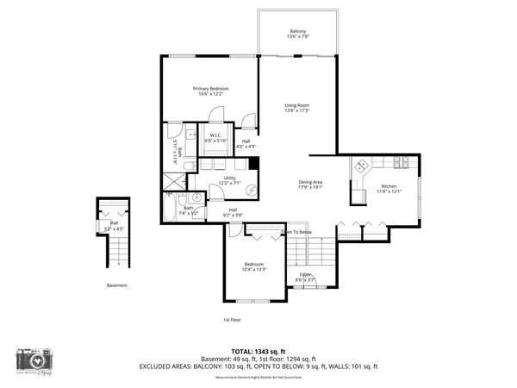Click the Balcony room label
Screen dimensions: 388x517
click(297, 33)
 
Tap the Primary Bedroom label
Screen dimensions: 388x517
click(210, 88)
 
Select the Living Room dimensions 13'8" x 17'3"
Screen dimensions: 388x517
click(297, 111)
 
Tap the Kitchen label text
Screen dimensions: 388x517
click(389, 186)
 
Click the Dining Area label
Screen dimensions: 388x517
click(310, 182)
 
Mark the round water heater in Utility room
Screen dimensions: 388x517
click(252, 191)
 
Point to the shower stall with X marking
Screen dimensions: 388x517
click(173, 181)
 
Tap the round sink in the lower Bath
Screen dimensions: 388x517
click(197, 197)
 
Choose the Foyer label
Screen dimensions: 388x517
click(306, 273)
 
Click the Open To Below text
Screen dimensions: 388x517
click(296, 232)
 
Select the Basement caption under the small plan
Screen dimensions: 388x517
click(116, 285)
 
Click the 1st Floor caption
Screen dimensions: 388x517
click(232, 319)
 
